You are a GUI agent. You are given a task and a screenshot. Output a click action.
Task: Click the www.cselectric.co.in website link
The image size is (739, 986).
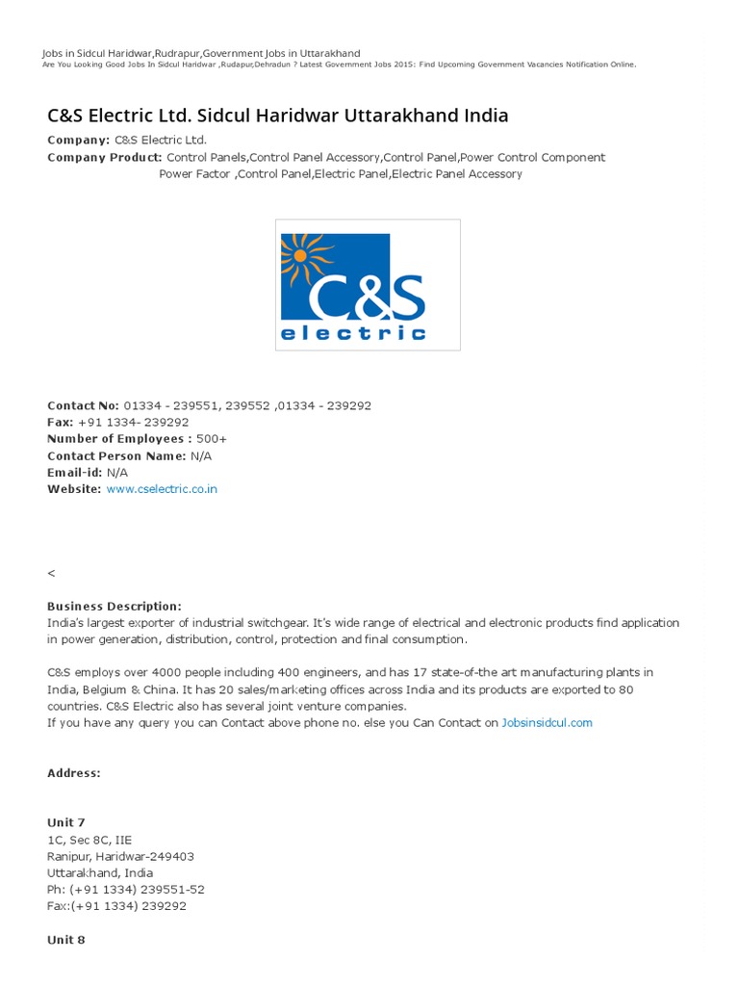(x=162, y=489)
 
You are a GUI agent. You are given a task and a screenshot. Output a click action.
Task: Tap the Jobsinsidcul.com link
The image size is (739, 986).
(x=547, y=723)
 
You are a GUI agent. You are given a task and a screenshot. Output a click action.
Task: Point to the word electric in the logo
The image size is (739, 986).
(x=352, y=333)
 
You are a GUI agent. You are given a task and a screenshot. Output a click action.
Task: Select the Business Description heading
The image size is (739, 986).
(x=114, y=607)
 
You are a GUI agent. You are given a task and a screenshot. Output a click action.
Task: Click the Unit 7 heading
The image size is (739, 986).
(x=66, y=822)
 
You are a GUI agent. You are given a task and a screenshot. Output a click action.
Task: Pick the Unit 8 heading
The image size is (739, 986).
(x=66, y=940)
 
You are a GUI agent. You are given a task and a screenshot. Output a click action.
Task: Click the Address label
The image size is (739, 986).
(x=73, y=773)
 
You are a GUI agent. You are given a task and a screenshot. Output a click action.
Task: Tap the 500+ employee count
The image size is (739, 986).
(x=212, y=439)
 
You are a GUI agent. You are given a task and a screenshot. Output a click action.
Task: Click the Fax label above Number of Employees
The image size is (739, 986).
(x=61, y=423)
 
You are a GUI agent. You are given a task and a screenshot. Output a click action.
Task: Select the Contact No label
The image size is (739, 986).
(x=84, y=405)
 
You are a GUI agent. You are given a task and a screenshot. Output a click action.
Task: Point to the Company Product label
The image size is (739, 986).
(x=104, y=157)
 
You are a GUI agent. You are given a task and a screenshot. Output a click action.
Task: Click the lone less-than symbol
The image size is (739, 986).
(x=51, y=573)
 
